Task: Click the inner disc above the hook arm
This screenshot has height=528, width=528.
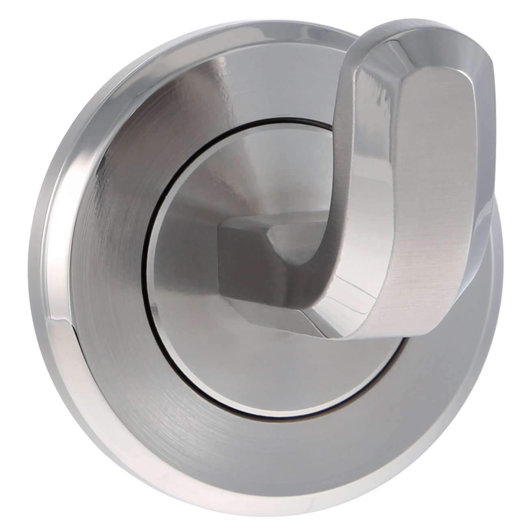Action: pyautogui.click(x=252, y=171)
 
